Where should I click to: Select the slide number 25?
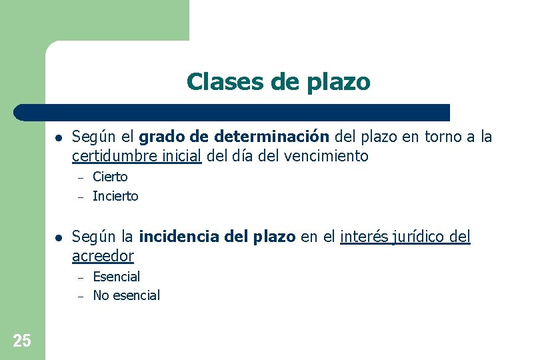21,341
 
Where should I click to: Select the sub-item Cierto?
110,177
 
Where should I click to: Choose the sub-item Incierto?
115,196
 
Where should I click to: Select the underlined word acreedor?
103,256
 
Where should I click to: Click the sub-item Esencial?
117,276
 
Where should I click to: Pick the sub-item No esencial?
127,295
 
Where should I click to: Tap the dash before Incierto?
78,197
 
